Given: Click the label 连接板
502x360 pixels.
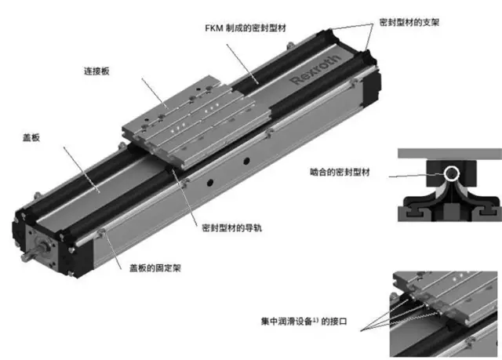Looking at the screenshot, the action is click(x=96, y=71).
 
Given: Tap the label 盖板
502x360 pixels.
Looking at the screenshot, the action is click(x=31, y=137).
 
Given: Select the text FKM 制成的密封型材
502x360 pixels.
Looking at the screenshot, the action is click(x=246, y=28).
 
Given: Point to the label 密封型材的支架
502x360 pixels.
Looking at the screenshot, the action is click(x=409, y=23).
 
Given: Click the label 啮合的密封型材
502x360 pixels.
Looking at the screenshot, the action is click(x=340, y=173).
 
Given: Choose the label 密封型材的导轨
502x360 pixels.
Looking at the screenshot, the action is click(x=232, y=227).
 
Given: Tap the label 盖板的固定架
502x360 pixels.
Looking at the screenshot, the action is click(x=155, y=267).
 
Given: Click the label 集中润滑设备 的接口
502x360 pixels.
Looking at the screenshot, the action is click(x=304, y=321).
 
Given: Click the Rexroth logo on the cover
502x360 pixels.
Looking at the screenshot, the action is click(x=315, y=70).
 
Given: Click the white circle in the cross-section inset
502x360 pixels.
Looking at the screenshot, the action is click(x=452, y=173).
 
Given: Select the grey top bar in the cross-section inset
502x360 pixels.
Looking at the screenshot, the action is click(x=449, y=153).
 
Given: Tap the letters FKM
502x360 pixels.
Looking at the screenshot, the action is click(x=214, y=28).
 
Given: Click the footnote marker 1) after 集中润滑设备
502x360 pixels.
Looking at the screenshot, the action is click(x=315, y=319).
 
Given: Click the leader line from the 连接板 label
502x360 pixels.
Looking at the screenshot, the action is click(x=155, y=93).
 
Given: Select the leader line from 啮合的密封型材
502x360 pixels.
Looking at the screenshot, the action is click(x=416, y=176).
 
